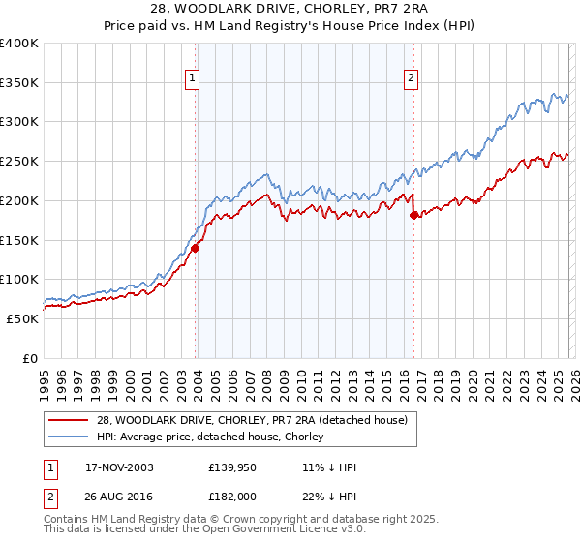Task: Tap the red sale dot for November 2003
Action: (x=196, y=248)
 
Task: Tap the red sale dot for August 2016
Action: (x=413, y=215)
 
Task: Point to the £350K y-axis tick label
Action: (x=19, y=83)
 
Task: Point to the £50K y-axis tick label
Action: (x=22, y=318)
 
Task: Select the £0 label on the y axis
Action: (x=30, y=358)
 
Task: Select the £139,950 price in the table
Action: (x=229, y=467)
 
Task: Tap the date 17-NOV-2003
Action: (x=112, y=467)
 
